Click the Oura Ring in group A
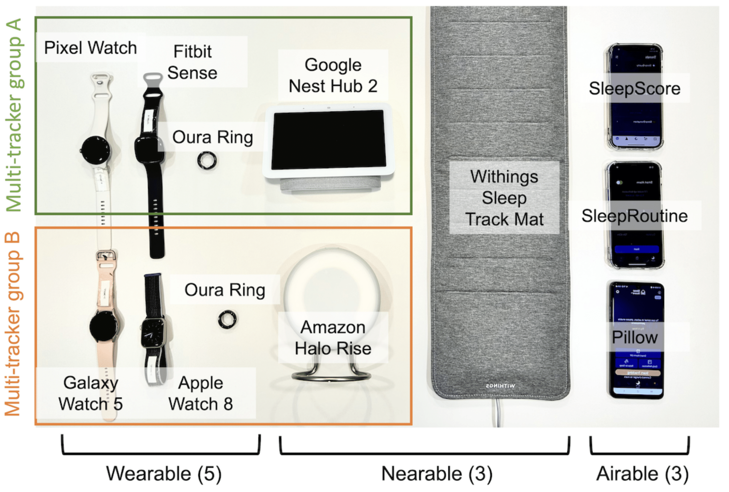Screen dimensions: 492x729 (207, 161)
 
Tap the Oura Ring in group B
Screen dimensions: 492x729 (227, 319)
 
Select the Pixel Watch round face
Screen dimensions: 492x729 (95, 150)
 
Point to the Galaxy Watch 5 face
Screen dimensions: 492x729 (104, 326)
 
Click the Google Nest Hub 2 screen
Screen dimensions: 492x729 (328, 139)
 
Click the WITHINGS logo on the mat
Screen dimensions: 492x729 (500, 386)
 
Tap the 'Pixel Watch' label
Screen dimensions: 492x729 (90, 48)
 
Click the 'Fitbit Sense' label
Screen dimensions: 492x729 (192, 62)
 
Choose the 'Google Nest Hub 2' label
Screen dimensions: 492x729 (333, 75)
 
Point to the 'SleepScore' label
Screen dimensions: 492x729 (634, 88)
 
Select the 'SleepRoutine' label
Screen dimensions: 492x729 (634, 216)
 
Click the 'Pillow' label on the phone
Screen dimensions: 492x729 (634, 337)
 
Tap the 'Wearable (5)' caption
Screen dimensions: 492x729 (164, 474)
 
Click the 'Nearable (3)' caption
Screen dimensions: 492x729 (437, 474)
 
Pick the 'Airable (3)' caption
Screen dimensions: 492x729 (643, 474)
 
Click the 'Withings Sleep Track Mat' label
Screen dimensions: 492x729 (504, 198)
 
